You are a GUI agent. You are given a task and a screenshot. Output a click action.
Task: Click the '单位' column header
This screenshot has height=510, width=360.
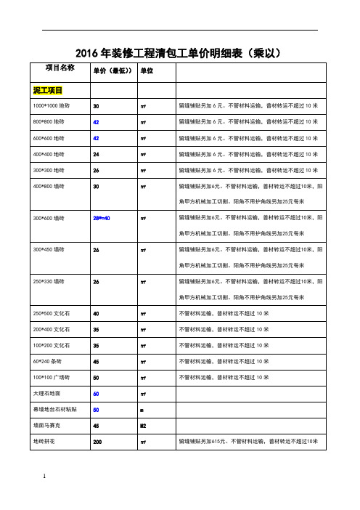coord(146,71)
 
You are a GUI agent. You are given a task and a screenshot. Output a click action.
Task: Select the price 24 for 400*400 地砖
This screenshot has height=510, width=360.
coord(96,153)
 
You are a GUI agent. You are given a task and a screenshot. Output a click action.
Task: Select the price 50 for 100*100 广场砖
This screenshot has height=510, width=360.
coord(96,377)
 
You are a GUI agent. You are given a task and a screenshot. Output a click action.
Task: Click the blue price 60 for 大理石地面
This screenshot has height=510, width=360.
coord(96,393)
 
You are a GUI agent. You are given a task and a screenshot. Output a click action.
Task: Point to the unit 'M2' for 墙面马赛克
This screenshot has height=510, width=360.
coord(144,425)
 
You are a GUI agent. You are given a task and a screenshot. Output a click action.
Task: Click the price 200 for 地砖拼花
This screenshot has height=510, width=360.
coord(97,441)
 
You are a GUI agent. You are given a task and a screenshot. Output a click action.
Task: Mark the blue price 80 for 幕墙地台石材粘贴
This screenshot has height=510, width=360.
coord(96,409)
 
